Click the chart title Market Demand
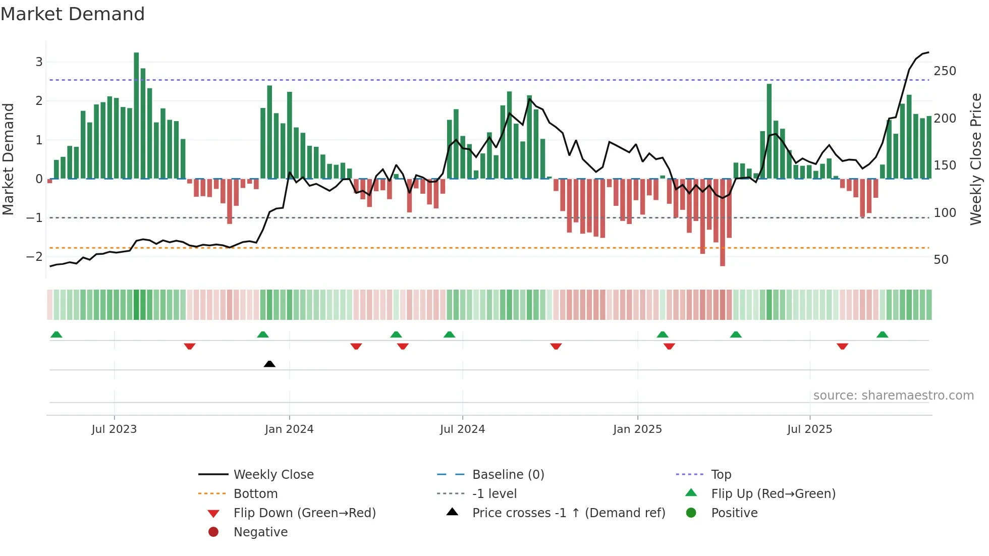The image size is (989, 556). pyautogui.click(x=73, y=14)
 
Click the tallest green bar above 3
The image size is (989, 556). pyautogui.click(x=136, y=116)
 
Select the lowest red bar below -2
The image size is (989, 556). pyautogui.click(x=723, y=222)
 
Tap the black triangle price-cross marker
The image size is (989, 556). pyautogui.click(x=269, y=364)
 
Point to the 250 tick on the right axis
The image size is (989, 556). pyautogui.click(x=945, y=71)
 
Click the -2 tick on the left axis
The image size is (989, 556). pyautogui.click(x=34, y=257)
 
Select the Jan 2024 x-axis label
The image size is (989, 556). pyautogui.click(x=289, y=429)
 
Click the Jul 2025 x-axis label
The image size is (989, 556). pyautogui.click(x=809, y=429)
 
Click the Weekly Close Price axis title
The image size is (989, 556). pyautogui.click(x=976, y=159)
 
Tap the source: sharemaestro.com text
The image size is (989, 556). pyautogui.click(x=893, y=396)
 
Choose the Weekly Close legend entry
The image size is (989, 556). pyautogui.click(x=273, y=475)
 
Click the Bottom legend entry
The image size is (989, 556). pyautogui.click(x=255, y=494)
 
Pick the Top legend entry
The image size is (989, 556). pyautogui.click(x=721, y=475)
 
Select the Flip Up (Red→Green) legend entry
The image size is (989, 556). pyautogui.click(x=773, y=494)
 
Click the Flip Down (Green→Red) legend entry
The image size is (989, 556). pyautogui.click(x=304, y=513)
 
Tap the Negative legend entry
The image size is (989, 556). pyautogui.click(x=260, y=532)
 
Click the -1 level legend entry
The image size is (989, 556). pyautogui.click(x=494, y=494)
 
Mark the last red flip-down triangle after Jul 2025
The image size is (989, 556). pyautogui.click(x=842, y=346)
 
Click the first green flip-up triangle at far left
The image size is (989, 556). pyautogui.click(x=57, y=335)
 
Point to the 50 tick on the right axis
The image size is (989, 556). pyautogui.click(x=941, y=260)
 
